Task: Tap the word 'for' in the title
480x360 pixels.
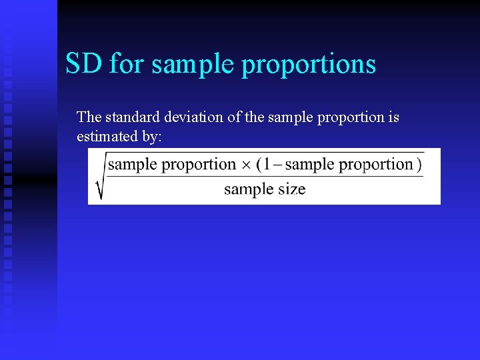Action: (126, 64)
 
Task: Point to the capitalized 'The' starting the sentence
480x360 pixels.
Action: (89, 117)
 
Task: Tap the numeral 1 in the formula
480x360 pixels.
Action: (268, 164)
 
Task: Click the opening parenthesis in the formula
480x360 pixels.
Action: (259, 165)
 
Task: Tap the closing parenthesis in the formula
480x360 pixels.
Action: (419, 165)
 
